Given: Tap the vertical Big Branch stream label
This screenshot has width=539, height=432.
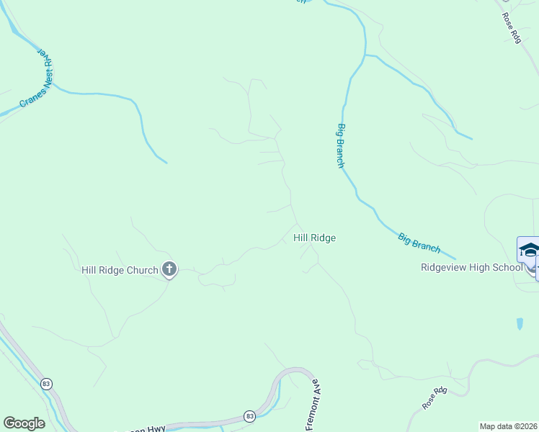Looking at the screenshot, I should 340,145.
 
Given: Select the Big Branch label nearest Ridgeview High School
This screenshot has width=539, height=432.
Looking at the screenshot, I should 419,242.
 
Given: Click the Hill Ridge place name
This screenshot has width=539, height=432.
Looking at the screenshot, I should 314,238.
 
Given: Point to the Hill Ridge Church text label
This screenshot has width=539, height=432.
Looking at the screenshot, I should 120,270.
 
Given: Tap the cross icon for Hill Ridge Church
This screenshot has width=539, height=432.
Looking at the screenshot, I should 169,270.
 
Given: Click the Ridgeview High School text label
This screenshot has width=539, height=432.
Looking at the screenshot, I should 471,267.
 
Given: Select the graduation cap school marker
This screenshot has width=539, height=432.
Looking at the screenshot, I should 529,251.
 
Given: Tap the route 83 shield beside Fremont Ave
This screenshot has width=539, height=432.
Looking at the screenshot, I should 249,416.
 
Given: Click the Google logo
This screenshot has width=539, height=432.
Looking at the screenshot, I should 24,423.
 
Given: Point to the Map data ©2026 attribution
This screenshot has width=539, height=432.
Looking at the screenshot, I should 509,426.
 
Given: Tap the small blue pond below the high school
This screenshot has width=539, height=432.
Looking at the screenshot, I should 520,324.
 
